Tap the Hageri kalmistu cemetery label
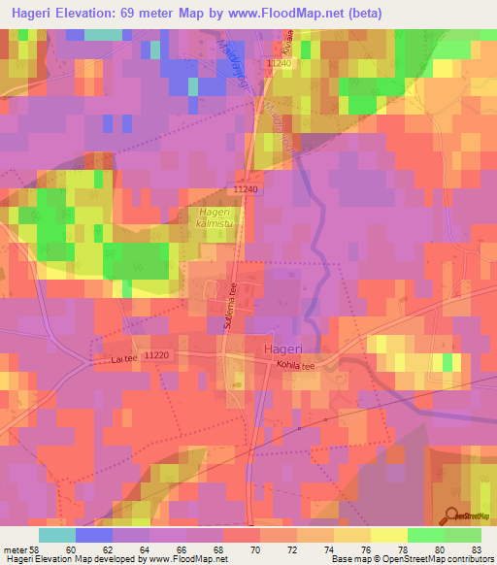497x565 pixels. [x=214, y=218]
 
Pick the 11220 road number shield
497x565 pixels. [x=155, y=356]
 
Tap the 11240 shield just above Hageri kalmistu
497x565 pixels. [x=246, y=190]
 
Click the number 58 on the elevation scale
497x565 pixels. [x=35, y=548]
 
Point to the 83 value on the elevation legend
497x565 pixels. [x=475, y=548]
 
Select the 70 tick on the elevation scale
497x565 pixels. [x=254, y=548]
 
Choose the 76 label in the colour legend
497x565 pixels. [x=365, y=548]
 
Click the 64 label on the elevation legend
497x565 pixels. [x=144, y=548]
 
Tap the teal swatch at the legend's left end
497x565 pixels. [x=57, y=534]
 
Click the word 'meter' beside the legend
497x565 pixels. [x=14, y=548]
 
